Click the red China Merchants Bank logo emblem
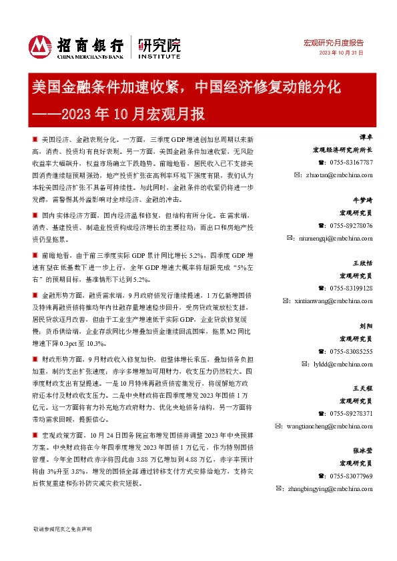(x=40, y=45)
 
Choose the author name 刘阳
(x=366, y=326)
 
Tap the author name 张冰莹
(x=362, y=451)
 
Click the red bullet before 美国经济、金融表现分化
(x=35, y=142)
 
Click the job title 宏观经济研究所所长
(x=346, y=151)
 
